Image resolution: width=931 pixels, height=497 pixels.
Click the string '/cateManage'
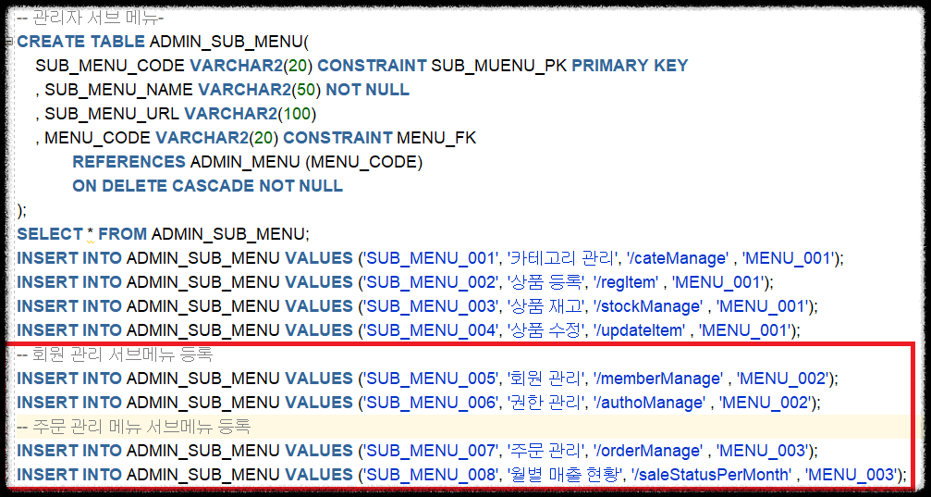pos(680,258)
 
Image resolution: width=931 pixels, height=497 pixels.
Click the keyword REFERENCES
pos(129,162)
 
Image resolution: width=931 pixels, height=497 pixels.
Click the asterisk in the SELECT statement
pos(91,234)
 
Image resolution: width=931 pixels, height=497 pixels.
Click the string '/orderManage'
pos(650,451)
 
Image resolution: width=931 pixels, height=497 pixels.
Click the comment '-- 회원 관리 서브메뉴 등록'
pos(116,354)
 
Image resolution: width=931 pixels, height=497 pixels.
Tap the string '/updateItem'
pos(644,330)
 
